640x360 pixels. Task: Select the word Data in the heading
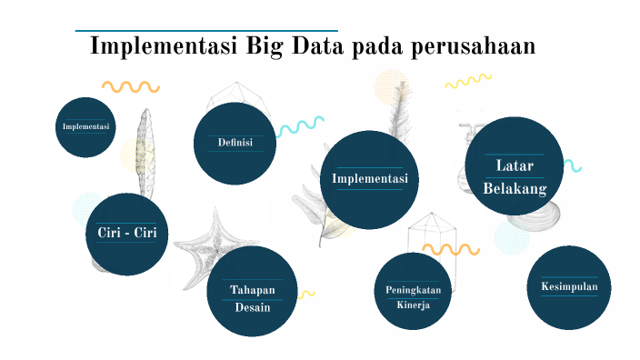pos(317,46)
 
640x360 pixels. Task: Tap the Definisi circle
pos(235,143)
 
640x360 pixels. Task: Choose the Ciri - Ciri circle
pos(127,234)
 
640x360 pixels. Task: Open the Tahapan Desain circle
pos(252,291)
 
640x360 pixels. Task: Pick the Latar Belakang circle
pos(515,165)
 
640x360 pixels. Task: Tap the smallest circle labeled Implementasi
pos(86,127)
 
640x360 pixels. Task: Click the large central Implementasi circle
pos(368,177)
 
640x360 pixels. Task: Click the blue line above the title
pos(206,30)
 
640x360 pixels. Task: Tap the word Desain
pos(252,306)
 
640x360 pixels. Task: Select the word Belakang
pos(515,188)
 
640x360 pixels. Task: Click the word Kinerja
pos(413,305)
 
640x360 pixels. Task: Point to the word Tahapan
pos(252,290)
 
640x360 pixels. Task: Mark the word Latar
pos(515,165)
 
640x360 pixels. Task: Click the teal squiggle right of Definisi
pos(300,126)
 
